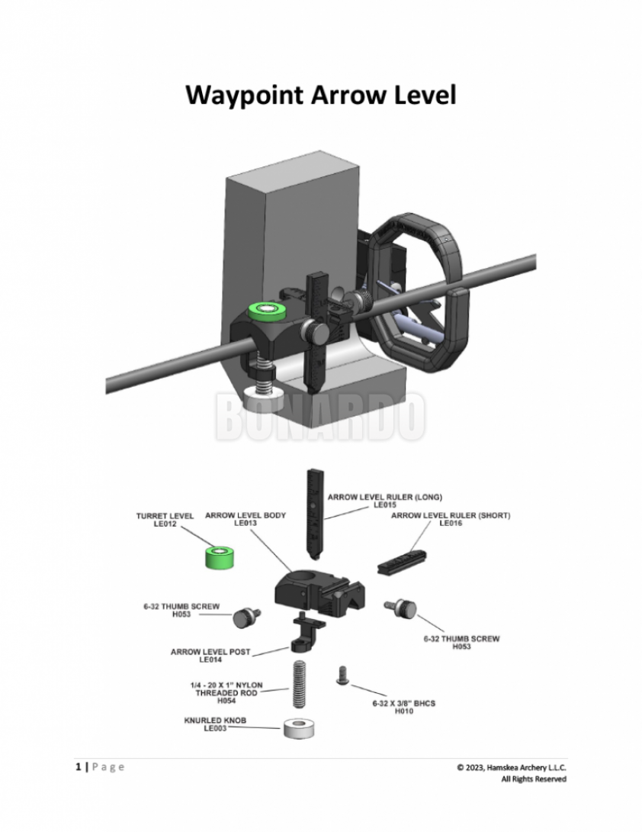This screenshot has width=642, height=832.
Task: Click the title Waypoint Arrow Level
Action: [x=321, y=96]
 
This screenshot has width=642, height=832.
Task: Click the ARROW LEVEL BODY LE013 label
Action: [x=245, y=520]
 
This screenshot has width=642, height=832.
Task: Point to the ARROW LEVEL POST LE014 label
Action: [x=210, y=656]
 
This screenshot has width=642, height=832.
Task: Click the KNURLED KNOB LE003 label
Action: [x=215, y=724]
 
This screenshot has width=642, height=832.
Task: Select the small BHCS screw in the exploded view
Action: [x=342, y=675]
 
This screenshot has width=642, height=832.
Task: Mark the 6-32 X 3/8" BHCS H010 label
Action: [x=403, y=708]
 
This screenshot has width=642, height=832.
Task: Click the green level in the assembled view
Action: [x=267, y=309]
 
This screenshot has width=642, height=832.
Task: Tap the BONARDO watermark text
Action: [x=320, y=417]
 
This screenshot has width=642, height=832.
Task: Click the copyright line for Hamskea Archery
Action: [x=511, y=767]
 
